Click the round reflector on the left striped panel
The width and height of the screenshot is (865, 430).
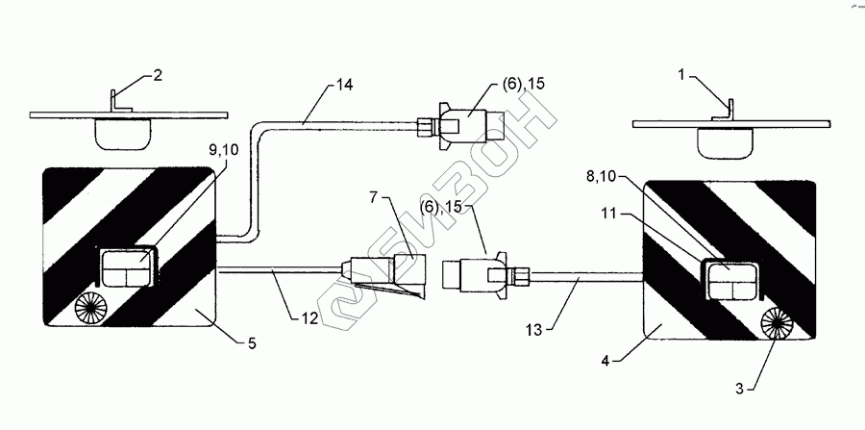click(x=92, y=308)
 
